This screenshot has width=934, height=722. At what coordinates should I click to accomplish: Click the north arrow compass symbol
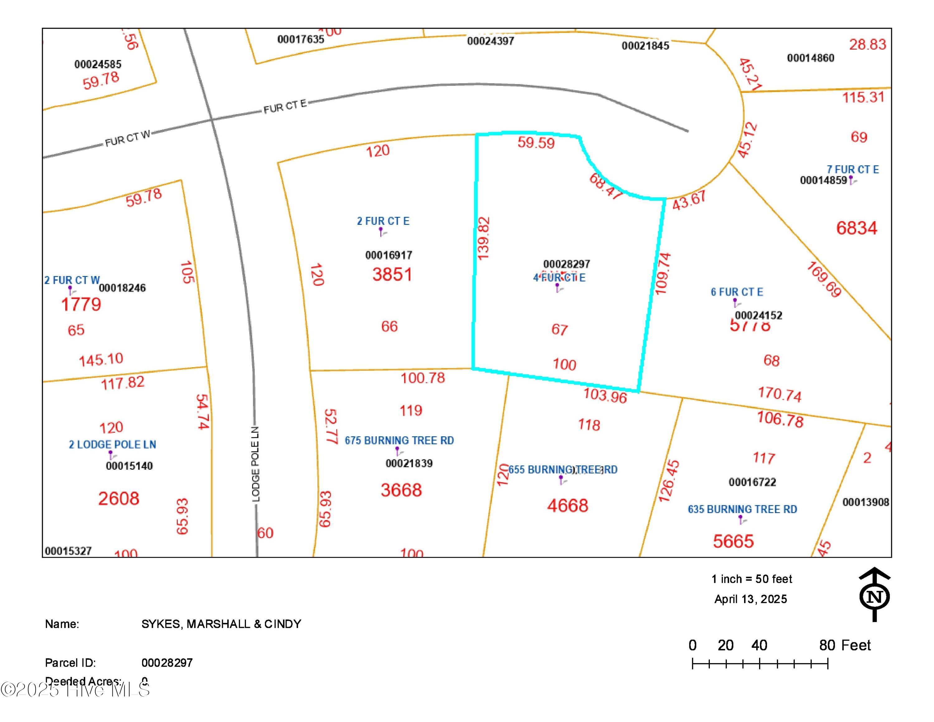pyautogui.click(x=875, y=595)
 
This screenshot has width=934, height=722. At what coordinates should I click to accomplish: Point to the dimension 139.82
pyautogui.click(x=483, y=238)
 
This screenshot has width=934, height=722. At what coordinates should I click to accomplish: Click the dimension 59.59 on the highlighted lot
pyautogui.click(x=536, y=142)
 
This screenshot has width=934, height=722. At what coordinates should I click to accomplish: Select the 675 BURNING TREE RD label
pyautogui.click(x=399, y=440)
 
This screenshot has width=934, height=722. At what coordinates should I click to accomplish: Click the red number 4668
pyautogui.click(x=568, y=506)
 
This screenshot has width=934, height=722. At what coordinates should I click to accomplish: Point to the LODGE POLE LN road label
pyautogui.click(x=255, y=464)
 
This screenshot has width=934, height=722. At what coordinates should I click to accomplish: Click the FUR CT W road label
pyautogui.click(x=127, y=138)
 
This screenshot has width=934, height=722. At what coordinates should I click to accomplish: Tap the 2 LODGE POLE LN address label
pyautogui.click(x=112, y=445)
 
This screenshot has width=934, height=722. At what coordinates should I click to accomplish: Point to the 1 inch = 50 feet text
pyautogui.click(x=751, y=579)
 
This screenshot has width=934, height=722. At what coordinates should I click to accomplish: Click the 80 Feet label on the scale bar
pyautogui.click(x=845, y=645)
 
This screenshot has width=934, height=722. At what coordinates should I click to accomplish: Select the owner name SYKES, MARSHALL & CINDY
pyautogui.click(x=221, y=624)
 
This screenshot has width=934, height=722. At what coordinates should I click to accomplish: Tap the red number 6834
pyautogui.click(x=856, y=228)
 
